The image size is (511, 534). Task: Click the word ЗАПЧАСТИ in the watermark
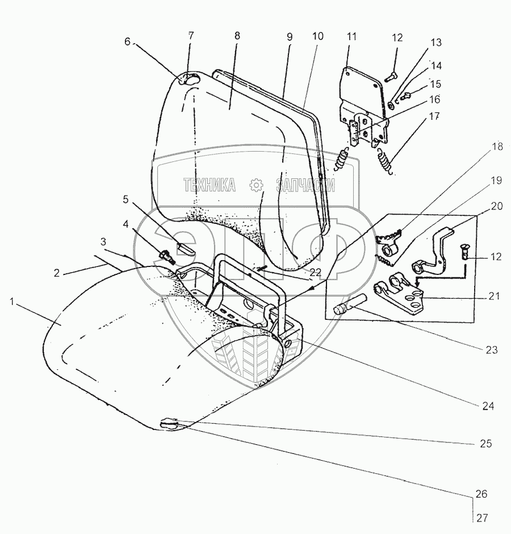(305, 185)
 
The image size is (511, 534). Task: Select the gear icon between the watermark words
(256, 185)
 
